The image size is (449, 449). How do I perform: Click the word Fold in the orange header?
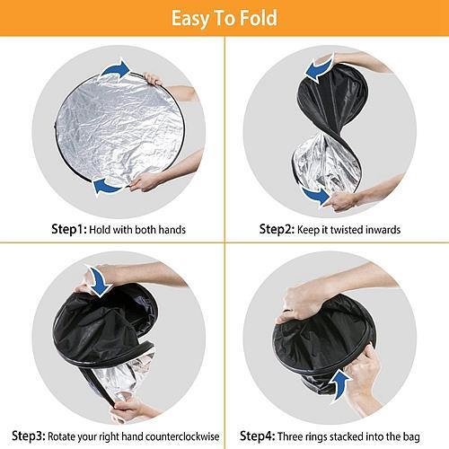(259, 18)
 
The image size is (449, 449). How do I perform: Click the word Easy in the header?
(190, 20)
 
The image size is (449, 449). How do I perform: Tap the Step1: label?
(69, 230)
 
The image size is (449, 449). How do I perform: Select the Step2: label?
(277, 230)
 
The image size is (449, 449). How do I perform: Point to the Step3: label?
(29, 436)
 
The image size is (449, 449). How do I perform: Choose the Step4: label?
(257, 436)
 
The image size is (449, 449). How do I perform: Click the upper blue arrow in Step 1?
(116, 69)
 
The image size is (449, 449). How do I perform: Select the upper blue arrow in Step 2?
(319, 68)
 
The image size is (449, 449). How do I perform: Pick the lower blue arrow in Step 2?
(317, 196)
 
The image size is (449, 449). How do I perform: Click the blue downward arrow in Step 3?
(99, 281)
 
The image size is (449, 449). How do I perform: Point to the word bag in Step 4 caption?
(411, 437)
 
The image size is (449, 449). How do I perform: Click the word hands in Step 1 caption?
(172, 230)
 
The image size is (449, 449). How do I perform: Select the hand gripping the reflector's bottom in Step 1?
(146, 181)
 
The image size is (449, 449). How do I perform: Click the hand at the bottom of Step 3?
(128, 410)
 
